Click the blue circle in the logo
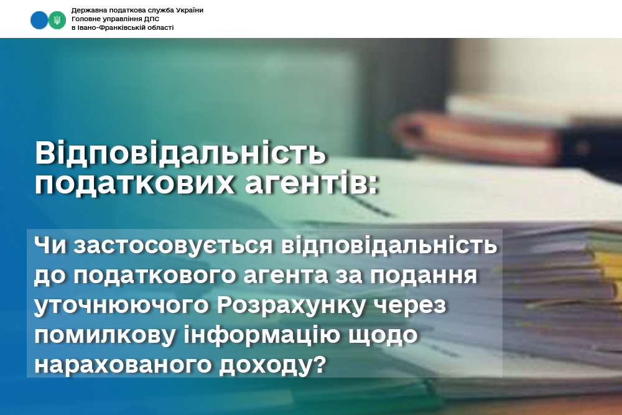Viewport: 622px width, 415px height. (39, 21)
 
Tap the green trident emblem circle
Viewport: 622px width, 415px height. (57, 21)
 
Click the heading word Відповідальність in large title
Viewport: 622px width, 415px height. (180, 153)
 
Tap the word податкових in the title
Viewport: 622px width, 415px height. (135, 184)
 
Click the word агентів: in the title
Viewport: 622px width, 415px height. (311, 184)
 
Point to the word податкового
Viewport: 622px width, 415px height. (155, 276)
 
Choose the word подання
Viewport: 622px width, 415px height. (424, 276)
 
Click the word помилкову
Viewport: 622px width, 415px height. (105, 335)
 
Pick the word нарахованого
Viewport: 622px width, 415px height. (122, 365)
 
